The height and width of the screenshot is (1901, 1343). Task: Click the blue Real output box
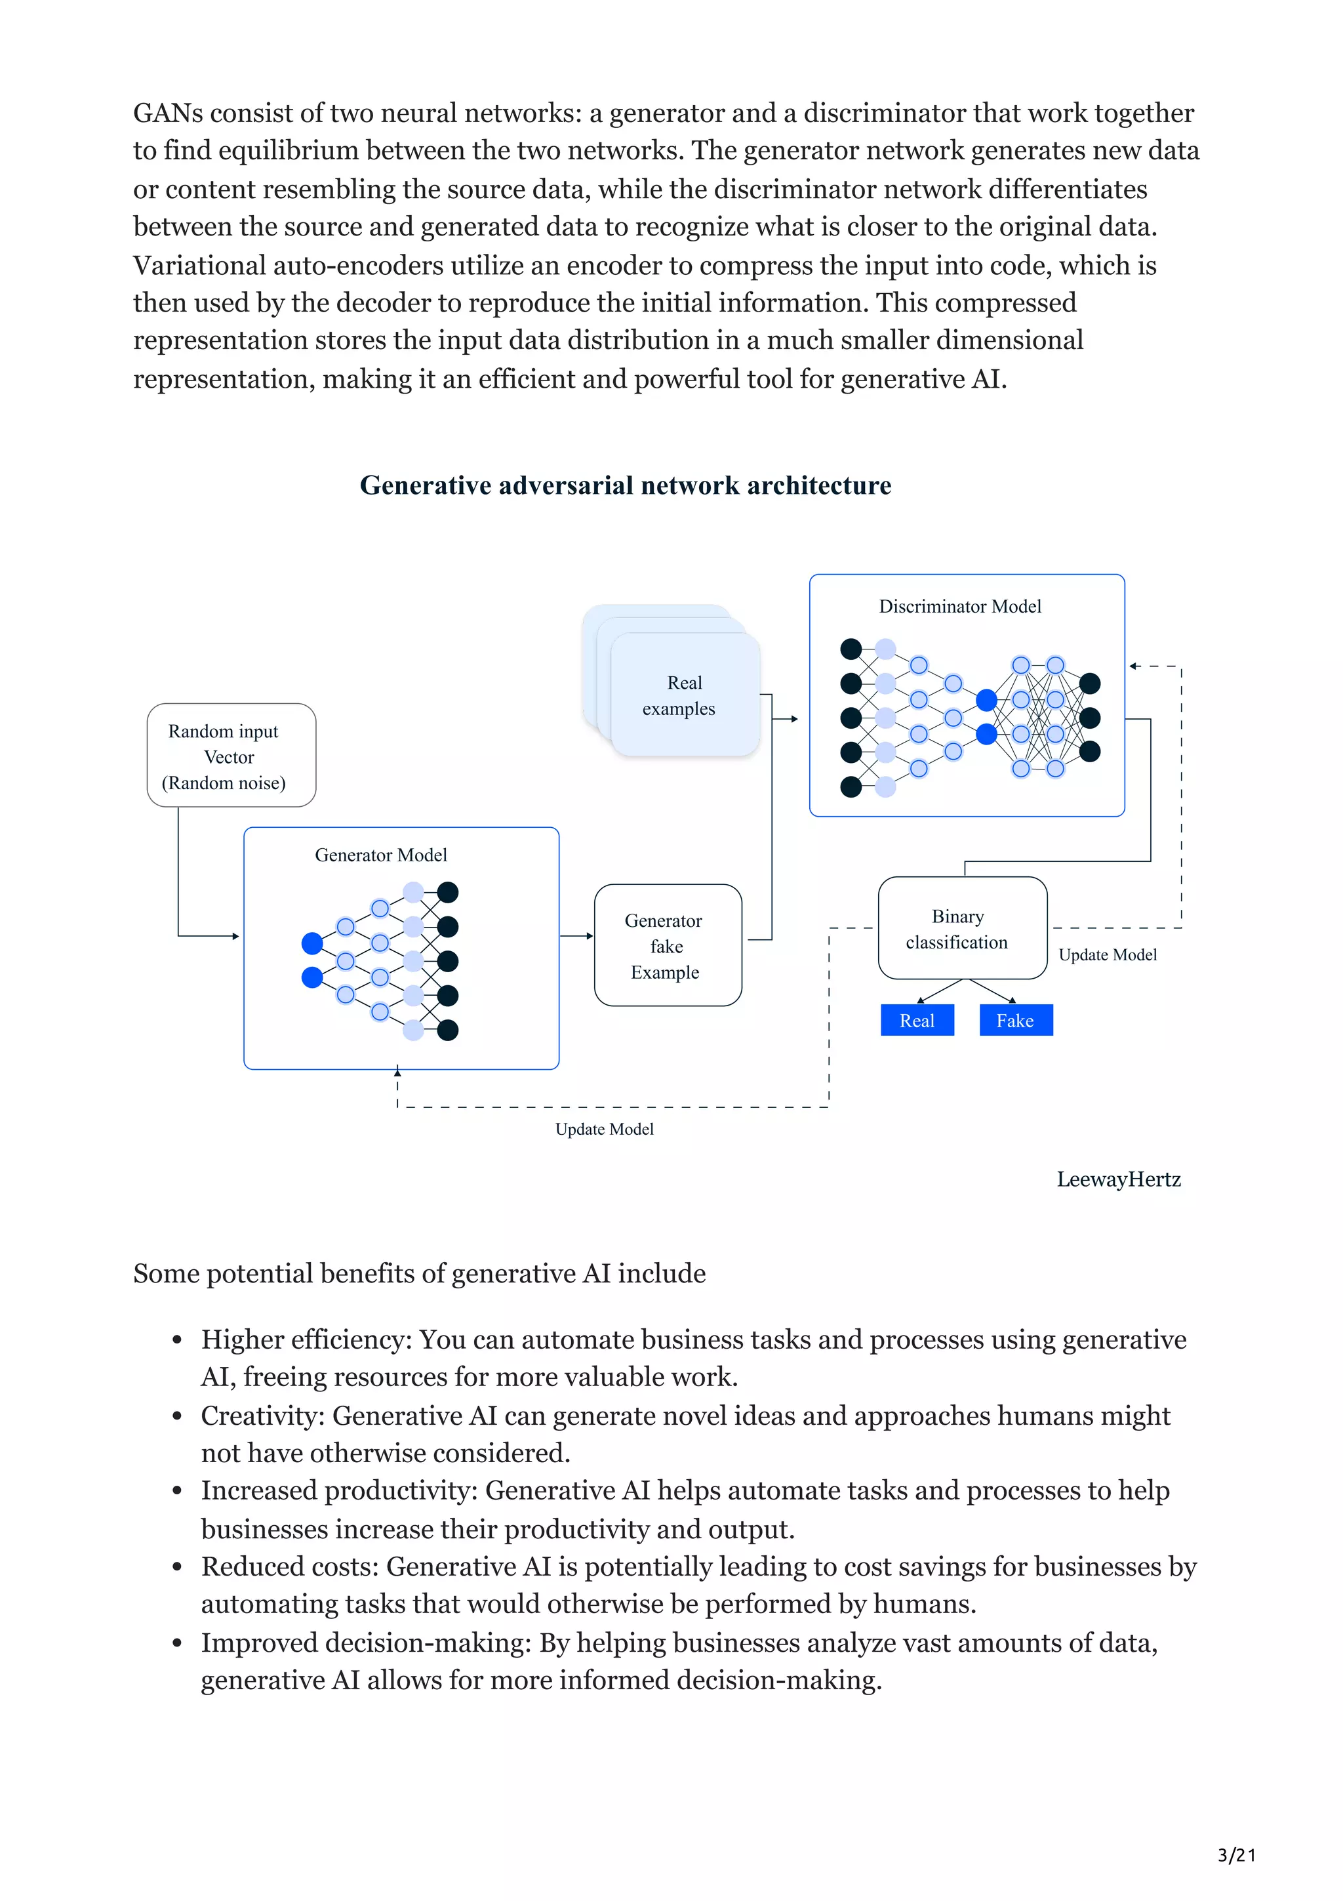pyautogui.click(x=917, y=1020)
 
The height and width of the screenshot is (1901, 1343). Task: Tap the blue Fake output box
pyautogui.click(x=1015, y=1020)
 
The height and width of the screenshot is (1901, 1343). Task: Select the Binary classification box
pyautogui.click(x=963, y=928)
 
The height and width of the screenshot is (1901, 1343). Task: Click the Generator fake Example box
pyautogui.click(x=667, y=945)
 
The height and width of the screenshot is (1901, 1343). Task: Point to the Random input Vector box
pyautogui.click(x=231, y=755)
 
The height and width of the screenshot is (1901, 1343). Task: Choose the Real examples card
pyautogui.click(x=683, y=695)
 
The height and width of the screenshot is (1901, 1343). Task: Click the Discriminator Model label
pyautogui.click(x=960, y=606)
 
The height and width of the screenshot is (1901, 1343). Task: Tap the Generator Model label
pyautogui.click(x=380, y=855)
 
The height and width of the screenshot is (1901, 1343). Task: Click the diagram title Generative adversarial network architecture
pyautogui.click(x=626, y=485)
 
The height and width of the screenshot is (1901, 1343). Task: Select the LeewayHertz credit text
pyautogui.click(x=1118, y=1179)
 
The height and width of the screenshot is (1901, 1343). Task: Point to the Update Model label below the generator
pyautogui.click(x=604, y=1130)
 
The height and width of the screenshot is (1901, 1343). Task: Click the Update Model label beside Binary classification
pyautogui.click(x=1107, y=954)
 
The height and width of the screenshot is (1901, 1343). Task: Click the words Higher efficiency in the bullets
pyautogui.click(x=306, y=1339)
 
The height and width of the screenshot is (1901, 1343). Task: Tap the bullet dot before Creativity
pyautogui.click(x=177, y=1417)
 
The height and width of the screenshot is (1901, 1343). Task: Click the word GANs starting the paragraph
pyautogui.click(x=168, y=113)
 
